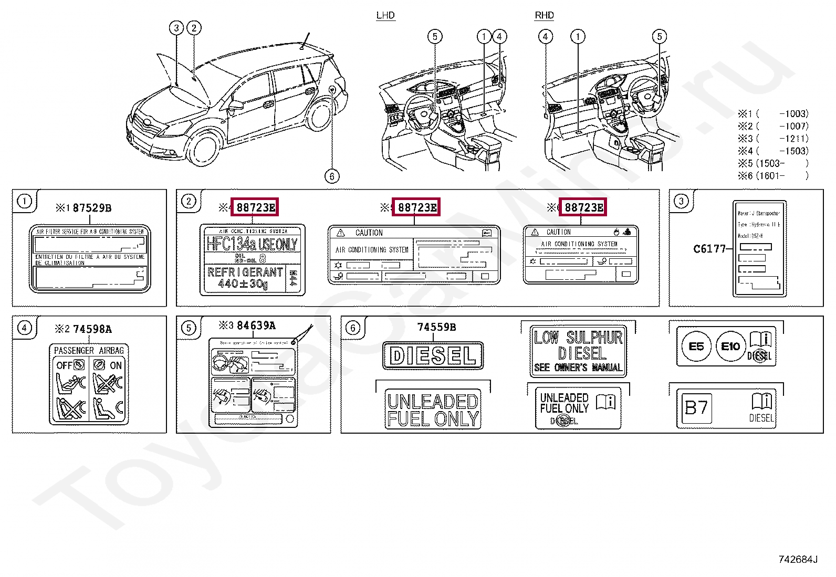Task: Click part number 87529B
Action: pos(92,208)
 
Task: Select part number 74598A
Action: pos(92,329)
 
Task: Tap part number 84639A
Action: pos(256,326)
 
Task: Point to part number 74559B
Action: pos(436,327)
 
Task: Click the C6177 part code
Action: pos(709,249)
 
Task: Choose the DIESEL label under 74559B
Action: pos(433,356)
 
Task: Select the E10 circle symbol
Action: pos(730,347)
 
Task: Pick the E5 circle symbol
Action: pos(696,347)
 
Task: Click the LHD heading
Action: pos(385,15)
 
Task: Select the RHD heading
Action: pos(544,15)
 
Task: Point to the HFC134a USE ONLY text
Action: pos(252,244)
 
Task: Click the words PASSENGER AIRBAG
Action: pos(89,350)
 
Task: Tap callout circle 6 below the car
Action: pos(332,176)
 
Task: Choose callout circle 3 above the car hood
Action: pos(176,28)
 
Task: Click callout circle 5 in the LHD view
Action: pos(435,36)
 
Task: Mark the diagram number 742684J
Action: pos(797,559)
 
